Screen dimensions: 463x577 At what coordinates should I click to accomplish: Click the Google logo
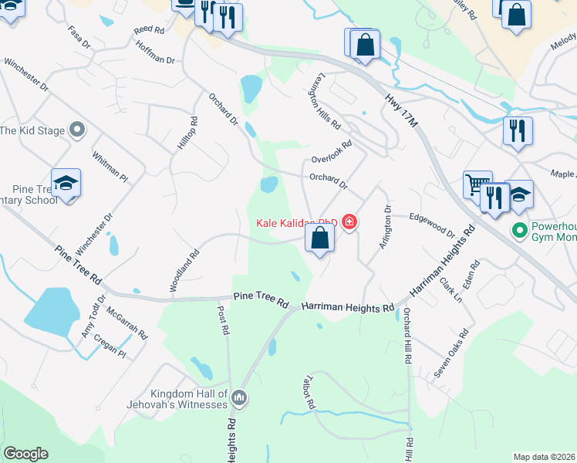point(25,454)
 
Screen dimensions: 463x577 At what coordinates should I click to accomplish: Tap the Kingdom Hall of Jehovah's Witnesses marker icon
point(238,398)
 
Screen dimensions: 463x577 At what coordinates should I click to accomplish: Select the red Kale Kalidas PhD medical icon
point(349,223)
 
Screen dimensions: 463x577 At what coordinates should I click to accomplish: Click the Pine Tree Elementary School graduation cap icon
point(66,184)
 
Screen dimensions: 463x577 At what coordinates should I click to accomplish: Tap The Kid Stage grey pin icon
point(76,130)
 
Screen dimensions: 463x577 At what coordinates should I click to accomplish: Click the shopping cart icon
point(477,184)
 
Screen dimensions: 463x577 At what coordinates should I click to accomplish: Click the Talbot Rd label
point(307,393)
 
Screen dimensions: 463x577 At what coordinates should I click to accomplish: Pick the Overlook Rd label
point(332,151)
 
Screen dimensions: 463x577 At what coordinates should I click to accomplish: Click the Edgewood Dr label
point(432,225)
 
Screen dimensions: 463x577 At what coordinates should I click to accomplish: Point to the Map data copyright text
point(544,457)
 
